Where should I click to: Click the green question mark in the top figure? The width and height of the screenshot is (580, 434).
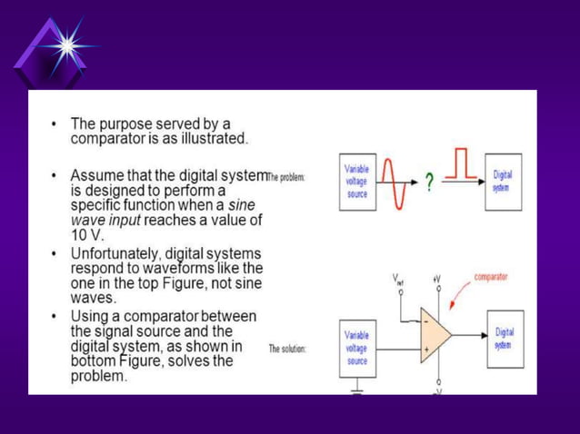tap(428, 182)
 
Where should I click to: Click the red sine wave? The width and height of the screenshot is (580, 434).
tap(390, 182)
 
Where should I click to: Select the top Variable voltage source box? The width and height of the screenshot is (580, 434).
tap(356, 184)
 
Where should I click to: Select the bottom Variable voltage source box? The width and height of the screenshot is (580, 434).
tap(356, 347)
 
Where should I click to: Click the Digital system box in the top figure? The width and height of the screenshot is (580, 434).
tap(502, 179)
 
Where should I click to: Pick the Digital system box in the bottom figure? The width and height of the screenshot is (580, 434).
tap(505, 339)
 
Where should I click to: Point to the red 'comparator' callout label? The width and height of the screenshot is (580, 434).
tap(491, 276)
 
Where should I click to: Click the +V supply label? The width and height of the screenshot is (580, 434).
tap(436, 279)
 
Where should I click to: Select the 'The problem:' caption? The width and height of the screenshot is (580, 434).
tap(288, 176)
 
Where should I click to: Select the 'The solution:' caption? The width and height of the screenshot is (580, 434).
tap(287, 348)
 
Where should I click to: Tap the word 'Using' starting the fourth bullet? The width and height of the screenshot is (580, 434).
tap(88, 316)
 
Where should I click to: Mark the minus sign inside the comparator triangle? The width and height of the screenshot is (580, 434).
tap(425, 319)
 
